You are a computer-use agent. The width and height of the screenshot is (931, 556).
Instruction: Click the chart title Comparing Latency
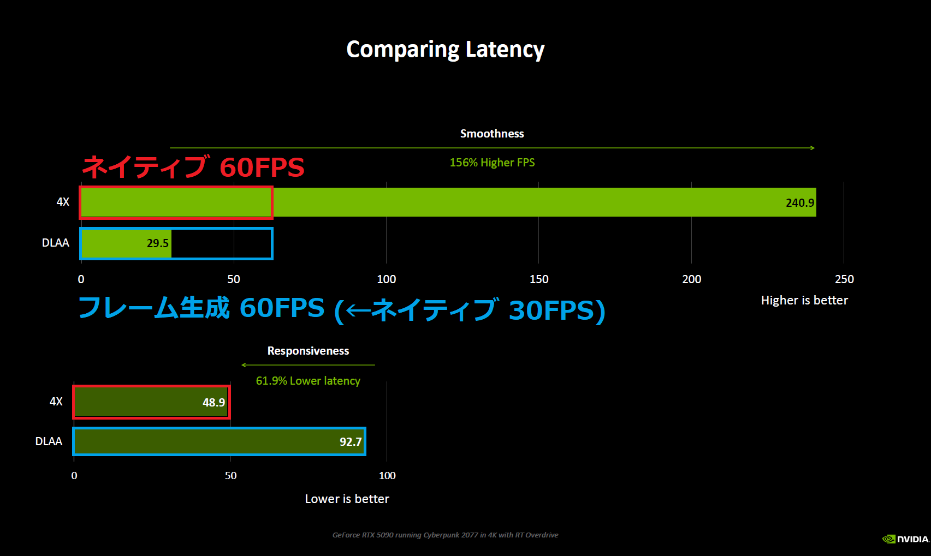click(446, 50)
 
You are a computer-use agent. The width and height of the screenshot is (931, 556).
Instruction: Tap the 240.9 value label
click(799, 202)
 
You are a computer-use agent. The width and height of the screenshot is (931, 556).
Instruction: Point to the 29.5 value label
click(157, 243)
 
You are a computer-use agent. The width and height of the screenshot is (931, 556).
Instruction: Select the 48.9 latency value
click(214, 402)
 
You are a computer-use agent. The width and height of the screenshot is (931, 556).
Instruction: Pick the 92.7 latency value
click(351, 441)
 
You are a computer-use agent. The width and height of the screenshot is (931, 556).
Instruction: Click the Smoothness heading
click(492, 134)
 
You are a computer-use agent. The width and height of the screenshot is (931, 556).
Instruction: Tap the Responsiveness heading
click(308, 351)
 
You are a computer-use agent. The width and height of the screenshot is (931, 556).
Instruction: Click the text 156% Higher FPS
click(492, 163)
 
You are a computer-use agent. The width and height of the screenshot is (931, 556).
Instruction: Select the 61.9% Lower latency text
click(308, 381)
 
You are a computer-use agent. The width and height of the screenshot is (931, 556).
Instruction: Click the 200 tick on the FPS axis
click(692, 279)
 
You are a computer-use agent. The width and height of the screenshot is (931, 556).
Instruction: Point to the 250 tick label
click(844, 279)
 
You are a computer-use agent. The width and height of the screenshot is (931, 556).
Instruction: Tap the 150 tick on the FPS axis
click(539, 279)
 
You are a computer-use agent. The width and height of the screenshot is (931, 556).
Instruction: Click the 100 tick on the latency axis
click(387, 475)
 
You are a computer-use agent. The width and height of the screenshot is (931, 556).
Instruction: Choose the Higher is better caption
click(804, 300)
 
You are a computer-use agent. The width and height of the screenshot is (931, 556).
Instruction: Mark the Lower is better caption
click(347, 499)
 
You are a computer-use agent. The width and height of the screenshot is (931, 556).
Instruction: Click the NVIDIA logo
click(906, 539)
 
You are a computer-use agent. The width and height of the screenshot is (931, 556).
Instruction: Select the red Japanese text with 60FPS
click(193, 167)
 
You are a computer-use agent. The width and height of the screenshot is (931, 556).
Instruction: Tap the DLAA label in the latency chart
click(49, 441)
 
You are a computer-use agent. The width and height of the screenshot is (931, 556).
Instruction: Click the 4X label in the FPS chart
click(63, 202)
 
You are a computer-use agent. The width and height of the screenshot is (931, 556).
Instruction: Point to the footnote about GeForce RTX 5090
click(445, 535)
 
